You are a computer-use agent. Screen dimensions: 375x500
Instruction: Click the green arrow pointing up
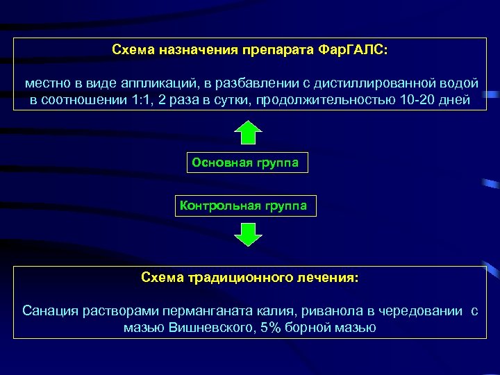[247, 133]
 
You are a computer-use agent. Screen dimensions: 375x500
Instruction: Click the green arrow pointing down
[247, 234]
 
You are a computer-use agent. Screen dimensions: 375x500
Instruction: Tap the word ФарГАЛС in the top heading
[352, 50]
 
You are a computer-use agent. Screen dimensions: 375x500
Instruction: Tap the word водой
[462, 83]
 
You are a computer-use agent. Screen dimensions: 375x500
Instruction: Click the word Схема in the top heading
[133, 50]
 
